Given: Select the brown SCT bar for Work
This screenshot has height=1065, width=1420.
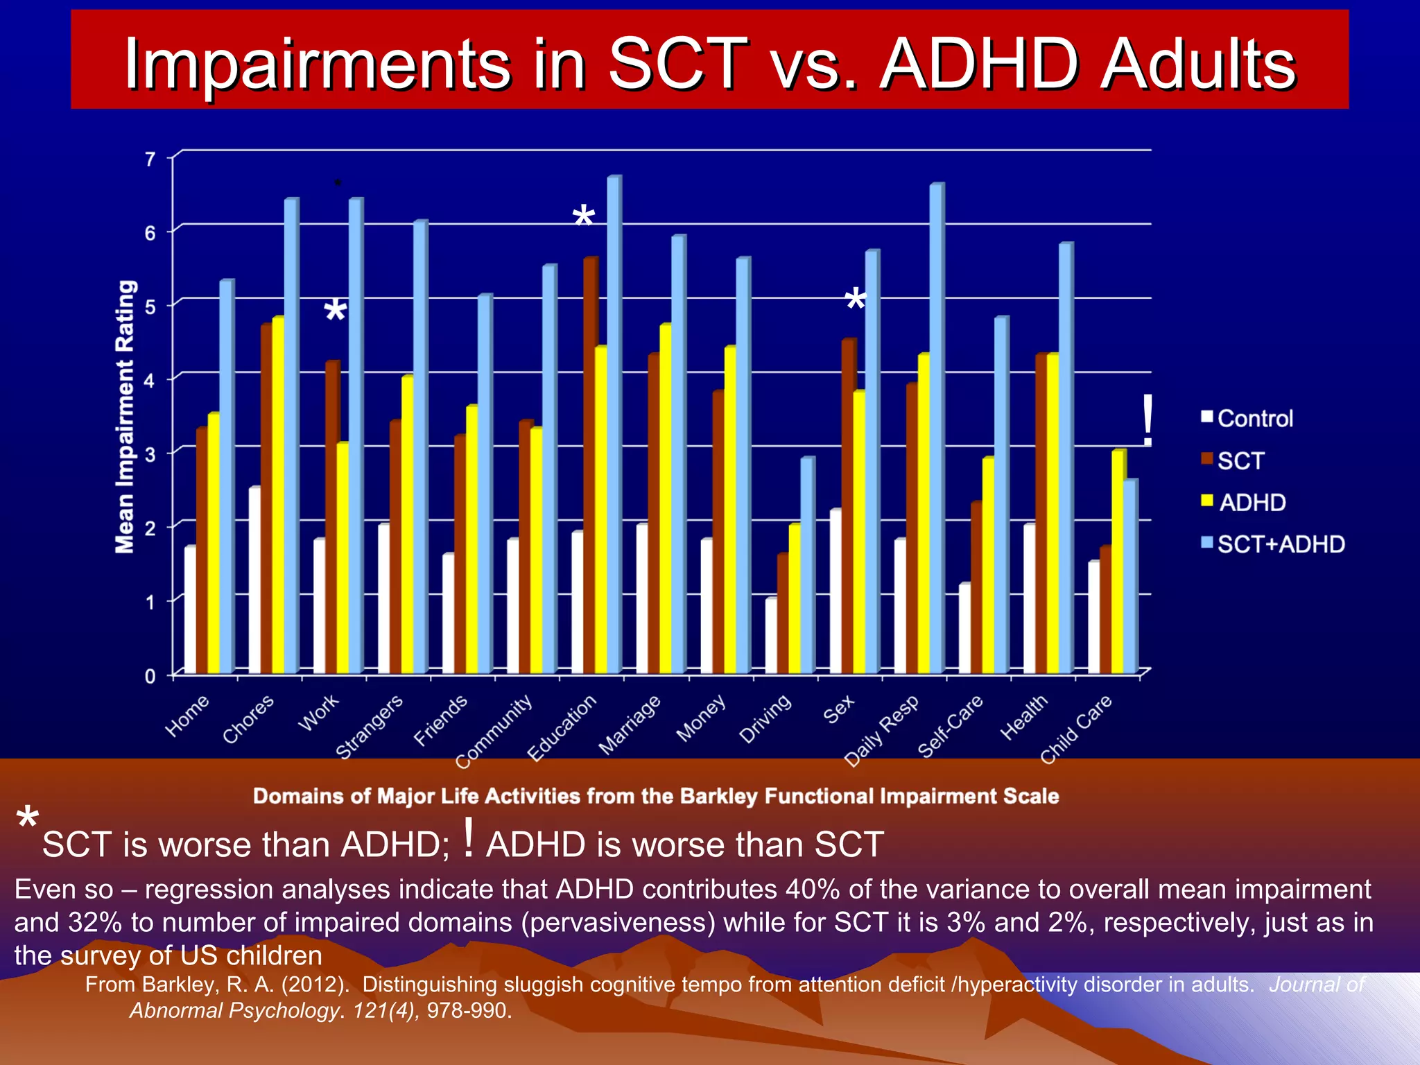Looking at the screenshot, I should (331, 517).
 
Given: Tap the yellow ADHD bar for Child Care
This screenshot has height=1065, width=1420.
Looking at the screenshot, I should (1118, 562).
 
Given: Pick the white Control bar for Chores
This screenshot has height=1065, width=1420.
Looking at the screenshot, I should (254, 580).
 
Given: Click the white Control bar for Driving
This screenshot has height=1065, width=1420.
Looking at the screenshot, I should (770, 635).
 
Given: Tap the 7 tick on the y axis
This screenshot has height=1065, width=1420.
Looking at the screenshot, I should (150, 159).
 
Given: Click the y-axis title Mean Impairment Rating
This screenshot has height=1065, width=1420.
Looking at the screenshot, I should (125, 416).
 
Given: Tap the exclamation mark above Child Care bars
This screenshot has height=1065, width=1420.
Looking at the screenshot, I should (1148, 420).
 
